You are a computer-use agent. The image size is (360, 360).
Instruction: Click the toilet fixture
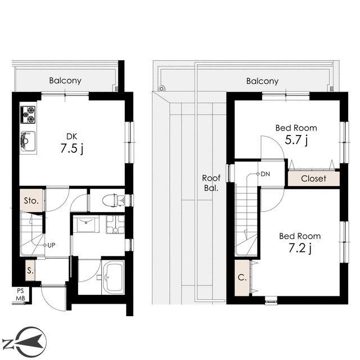coord(113,200)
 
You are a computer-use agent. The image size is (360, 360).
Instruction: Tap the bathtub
coord(113,277)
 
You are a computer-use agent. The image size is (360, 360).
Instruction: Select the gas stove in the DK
coord(28,115)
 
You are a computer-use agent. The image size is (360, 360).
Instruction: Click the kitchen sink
coord(28,141)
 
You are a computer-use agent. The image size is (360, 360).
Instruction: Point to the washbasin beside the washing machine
coord(86,224)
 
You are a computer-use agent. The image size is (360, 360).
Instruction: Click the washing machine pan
coord(115,224)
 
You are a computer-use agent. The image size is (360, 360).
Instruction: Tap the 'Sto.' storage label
coord(31,201)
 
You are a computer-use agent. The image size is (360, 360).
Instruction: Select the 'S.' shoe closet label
coord(30,271)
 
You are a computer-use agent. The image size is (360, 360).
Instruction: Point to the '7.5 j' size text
coord(72,148)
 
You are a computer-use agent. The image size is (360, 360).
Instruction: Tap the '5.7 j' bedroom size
coord(296,139)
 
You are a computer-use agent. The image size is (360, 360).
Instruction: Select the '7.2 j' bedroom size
coord(300,248)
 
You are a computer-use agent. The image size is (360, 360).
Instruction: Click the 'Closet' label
coord(313,178)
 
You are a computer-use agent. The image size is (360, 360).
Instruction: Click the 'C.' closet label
coord(242,277)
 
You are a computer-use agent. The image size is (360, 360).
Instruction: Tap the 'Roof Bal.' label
coord(211,183)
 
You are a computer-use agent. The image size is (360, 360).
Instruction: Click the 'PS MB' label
coord(20,295)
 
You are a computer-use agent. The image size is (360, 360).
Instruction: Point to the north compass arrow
coord(30,340)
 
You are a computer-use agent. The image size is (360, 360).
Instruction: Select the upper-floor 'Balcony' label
coord(262,81)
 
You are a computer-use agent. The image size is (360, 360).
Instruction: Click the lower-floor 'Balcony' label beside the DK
coord(65,80)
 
